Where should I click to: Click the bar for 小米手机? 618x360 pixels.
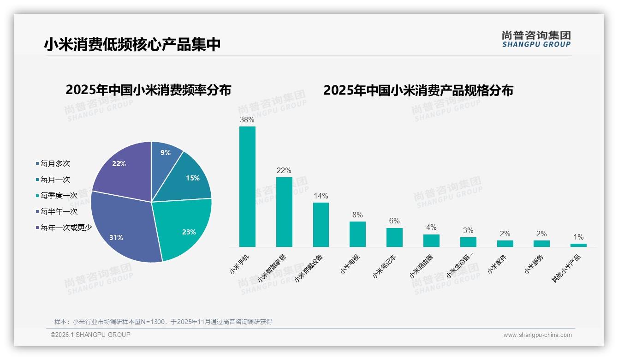(247, 187)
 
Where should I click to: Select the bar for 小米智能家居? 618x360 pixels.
(284, 212)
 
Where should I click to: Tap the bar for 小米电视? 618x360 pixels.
(357, 234)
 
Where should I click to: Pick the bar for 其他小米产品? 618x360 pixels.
(578, 245)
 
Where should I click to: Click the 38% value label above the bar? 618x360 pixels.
(247, 120)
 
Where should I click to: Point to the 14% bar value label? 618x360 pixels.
(321, 196)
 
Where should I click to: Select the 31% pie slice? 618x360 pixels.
(122, 226)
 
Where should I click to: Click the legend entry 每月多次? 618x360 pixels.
(55, 164)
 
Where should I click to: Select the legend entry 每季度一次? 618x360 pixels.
(59, 196)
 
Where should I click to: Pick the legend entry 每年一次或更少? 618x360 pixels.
(66, 228)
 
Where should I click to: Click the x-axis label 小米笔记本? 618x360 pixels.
(385, 267)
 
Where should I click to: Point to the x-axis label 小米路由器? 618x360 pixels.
(421, 267)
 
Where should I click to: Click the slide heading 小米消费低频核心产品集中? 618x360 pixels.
(132, 44)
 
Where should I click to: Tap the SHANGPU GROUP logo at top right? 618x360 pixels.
(536, 39)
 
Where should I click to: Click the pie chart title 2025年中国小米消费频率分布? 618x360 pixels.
(149, 90)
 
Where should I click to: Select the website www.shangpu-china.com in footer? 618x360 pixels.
(537, 335)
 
